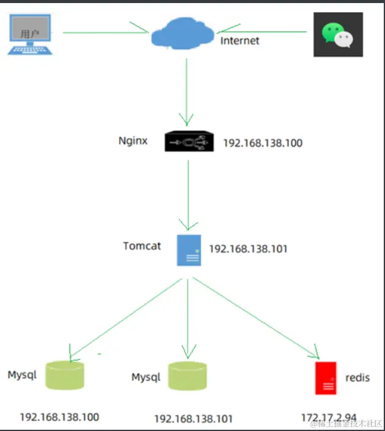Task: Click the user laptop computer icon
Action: pyautogui.click(x=31, y=34)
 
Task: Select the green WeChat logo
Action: pyautogui.click(x=338, y=34)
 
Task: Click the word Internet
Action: pyautogui.click(x=240, y=41)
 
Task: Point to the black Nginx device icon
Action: pyautogui.click(x=189, y=143)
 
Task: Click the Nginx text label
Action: pyautogui.click(x=133, y=141)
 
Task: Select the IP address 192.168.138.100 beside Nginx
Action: pyautogui.click(x=263, y=143)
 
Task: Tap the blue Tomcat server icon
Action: pyautogui.click(x=189, y=250)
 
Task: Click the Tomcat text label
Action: pyautogui.click(x=142, y=246)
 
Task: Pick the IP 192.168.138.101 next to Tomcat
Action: pyautogui.click(x=248, y=249)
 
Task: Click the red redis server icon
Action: pyautogui.click(x=326, y=378)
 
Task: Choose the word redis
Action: pyautogui.click(x=358, y=378)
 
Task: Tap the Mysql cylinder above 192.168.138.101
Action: pyautogui.click(x=188, y=377)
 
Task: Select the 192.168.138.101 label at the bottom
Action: pyautogui.click(x=193, y=419)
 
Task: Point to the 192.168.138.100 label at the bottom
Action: pyautogui.click(x=59, y=418)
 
